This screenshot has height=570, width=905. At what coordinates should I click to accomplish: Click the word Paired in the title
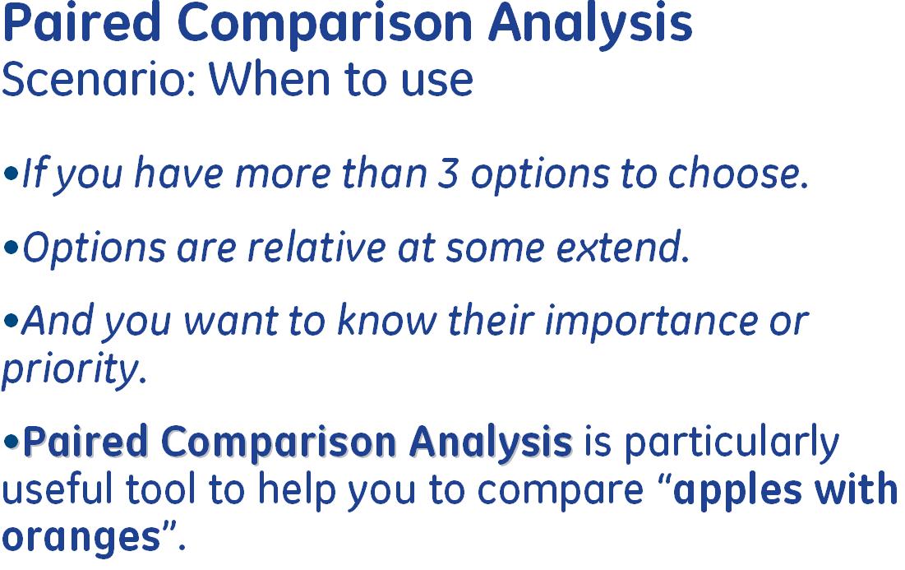tap(81, 24)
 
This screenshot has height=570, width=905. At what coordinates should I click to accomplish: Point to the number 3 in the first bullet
tap(447, 174)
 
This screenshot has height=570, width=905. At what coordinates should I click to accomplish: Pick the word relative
tap(316, 248)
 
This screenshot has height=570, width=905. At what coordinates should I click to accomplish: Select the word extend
tap(622, 248)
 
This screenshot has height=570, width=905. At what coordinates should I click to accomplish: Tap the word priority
tap(74, 368)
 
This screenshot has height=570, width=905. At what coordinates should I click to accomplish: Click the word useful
tap(58, 489)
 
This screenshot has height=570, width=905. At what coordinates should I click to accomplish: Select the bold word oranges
tap(81, 538)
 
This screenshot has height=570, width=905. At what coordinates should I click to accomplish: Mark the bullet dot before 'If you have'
tap(11, 174)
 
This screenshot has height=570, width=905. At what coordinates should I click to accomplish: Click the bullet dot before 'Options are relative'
tap(11, 248)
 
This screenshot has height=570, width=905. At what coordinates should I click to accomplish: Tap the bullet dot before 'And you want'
tap(11, 321)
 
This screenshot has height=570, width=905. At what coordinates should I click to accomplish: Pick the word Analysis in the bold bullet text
tap(491, 443)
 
